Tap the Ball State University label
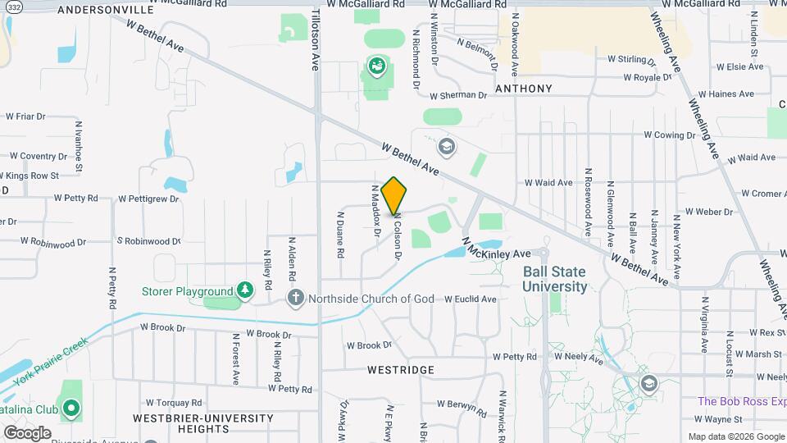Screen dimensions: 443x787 [x=555, y=280]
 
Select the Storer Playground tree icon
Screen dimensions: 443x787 [x=244, y=290]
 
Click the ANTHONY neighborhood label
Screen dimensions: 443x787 [x=523, y=89]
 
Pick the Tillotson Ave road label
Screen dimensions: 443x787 [x=315, y=41]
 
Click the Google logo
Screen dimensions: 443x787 [x=27, y=432]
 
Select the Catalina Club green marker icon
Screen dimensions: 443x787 [x=71, y=407]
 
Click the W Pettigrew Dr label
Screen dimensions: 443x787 [x=148, y=199]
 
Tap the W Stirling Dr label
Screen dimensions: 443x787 [x=631, y=60]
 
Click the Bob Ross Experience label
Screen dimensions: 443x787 [x=742, y=401]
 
